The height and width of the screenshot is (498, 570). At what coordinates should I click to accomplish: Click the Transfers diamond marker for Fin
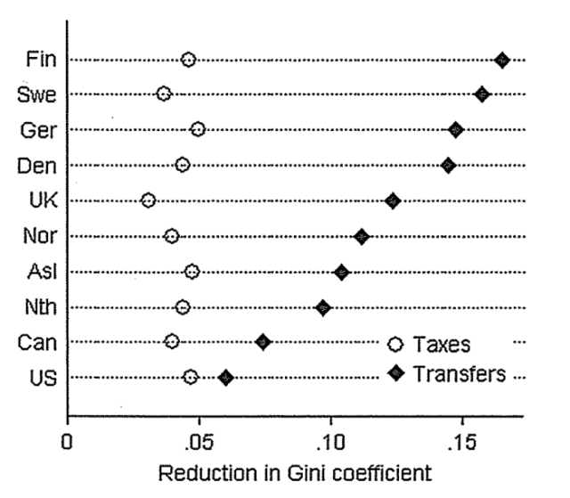coord(502,60)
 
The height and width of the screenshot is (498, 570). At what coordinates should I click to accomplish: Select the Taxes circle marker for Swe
coord(164,94)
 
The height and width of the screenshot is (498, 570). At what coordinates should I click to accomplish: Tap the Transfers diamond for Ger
coord(456,130)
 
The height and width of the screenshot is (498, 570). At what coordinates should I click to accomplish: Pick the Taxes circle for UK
coord(149,200)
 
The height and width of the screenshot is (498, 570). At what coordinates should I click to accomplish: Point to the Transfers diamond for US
coord(226,378)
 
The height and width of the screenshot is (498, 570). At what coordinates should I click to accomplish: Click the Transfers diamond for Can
coord(263,341)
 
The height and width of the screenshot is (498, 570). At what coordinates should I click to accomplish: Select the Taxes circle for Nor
coord(172,236)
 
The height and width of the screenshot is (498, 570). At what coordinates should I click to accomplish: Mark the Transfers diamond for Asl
coord(341,272)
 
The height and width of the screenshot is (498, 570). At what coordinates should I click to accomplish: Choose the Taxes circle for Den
coord(183,165)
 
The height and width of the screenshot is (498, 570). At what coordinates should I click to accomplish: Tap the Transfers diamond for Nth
coord(323,307)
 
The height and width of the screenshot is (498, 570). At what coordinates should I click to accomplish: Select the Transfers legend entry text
coord(460,373)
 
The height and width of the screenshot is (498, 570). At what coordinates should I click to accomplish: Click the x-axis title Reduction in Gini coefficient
coord(295,472)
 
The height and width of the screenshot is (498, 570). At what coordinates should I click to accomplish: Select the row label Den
coord(38,166)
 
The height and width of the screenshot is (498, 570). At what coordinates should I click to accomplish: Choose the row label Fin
coord(42,61)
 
